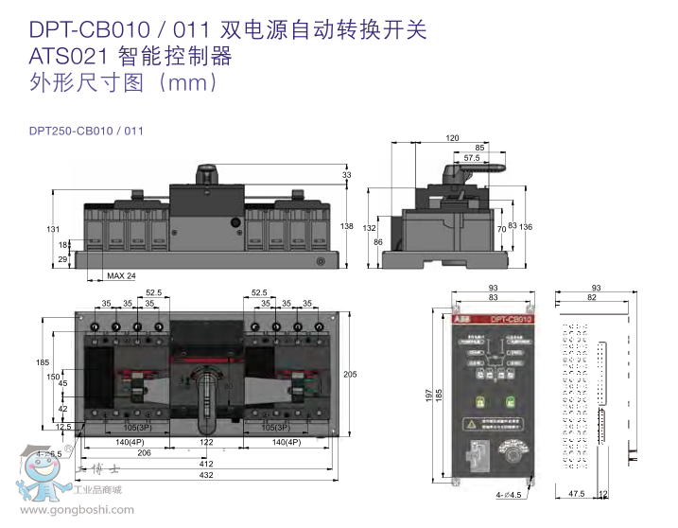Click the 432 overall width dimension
[x=205, y=475]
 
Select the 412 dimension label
[x=205, y=465]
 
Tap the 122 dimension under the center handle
[x=205, y=442]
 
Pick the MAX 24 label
[x=121, y=275]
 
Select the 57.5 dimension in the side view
[x=472, y=158]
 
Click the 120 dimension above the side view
[x=452, y=138]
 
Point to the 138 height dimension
[x=347, y=226]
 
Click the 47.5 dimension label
[x=575, y=493]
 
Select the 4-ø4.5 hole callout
[x=512, y=494]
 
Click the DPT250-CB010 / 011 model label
[x=86, y=131]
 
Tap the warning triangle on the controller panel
[x=469, y=425]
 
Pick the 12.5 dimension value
[x=63, y=427]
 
